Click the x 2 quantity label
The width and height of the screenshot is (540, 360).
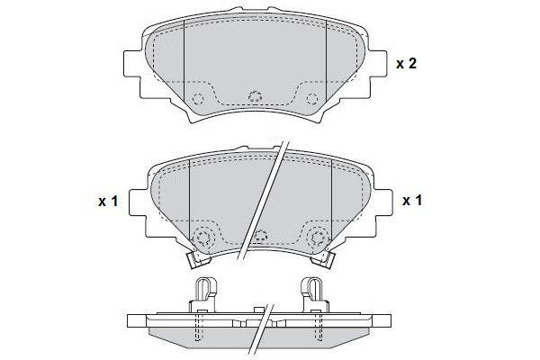tap(406, 64)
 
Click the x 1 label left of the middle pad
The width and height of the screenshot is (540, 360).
tap(108, 202)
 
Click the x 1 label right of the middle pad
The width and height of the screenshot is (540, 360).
tap(412, 200)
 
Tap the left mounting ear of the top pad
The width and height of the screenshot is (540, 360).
tap(132, 64)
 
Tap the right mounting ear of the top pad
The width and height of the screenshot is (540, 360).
tap(377, 64)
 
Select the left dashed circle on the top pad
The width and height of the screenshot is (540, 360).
tap(198, 99)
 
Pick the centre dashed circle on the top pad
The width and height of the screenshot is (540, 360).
tap(256, 97)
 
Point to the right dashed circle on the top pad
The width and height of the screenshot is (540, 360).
tap(312, 99)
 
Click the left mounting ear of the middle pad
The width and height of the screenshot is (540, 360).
tap(139, 202)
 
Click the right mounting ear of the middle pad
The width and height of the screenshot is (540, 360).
tap(383, 202)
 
